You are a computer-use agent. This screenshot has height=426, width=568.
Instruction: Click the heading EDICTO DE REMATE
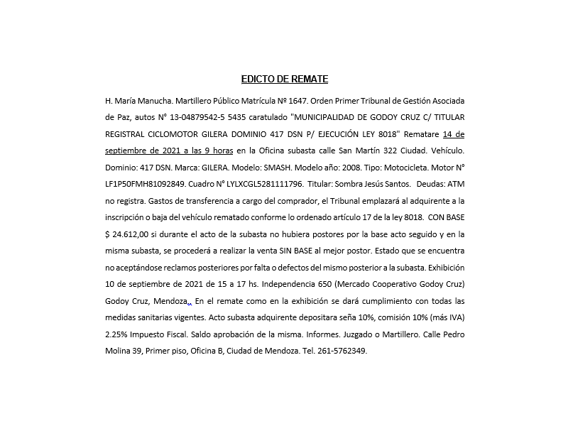tap(284, 79)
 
